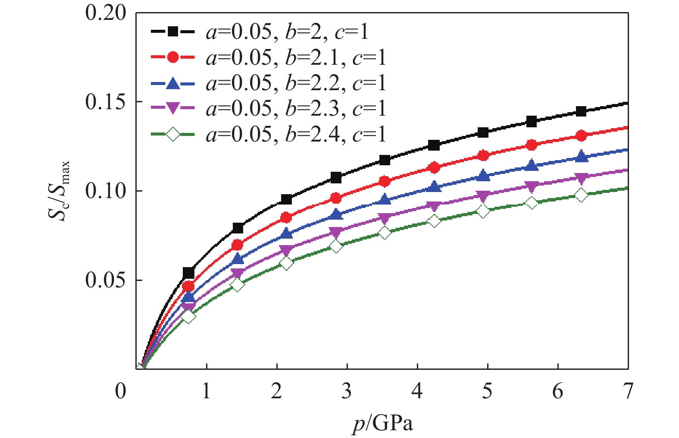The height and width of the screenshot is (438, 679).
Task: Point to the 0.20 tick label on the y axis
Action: click(x=106, y=13)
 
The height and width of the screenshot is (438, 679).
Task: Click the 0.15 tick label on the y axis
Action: click(x=106, y=102)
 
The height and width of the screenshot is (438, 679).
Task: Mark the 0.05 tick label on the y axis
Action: click(x=106, y=280)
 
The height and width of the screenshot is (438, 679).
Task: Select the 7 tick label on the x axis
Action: click(x=628, y=391)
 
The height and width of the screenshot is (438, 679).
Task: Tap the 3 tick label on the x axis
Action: click(x=347, y=391)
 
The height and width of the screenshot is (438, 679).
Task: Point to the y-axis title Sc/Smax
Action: click(x=59, y=190)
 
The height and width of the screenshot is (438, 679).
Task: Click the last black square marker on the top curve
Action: click(x=581, y=111)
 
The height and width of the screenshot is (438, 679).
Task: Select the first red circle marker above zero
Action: click(x=188, y=286)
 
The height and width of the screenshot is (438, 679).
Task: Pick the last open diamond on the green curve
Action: click(x=581, y=195)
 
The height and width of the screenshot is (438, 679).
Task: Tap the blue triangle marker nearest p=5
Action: click(x=483, y=176)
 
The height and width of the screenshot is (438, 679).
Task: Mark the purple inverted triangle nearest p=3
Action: click(x=336, y=232)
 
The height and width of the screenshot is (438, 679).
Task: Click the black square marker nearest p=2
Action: click(x=286, y=199)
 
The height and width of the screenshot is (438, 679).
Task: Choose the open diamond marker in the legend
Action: click(x=172, y=135)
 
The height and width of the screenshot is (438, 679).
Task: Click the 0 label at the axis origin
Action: click(x=121, y=391)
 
